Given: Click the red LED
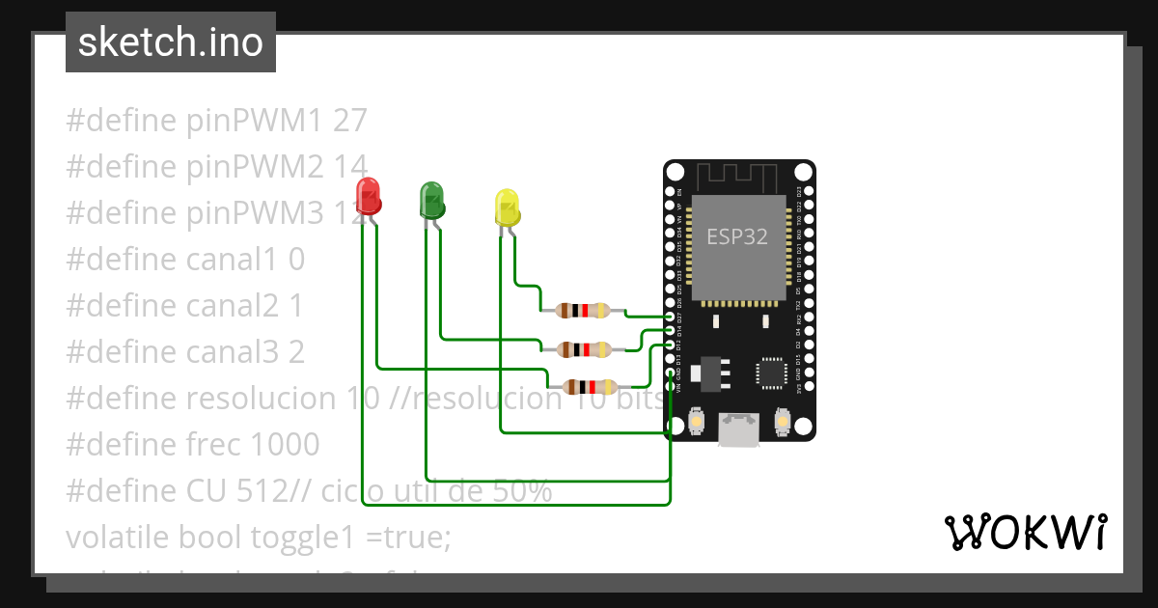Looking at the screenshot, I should (x=368, y=196).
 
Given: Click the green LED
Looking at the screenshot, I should (x=430, y=200).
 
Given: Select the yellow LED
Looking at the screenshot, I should (x=507, y=207).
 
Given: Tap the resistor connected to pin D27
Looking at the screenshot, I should (x=583, y=310).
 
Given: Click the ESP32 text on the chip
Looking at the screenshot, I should (x=737, y=236).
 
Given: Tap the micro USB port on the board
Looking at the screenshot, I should (x=738, y=429).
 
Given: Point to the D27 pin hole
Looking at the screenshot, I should (x=671, y=317).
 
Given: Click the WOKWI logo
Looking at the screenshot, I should (x=1025, y=532).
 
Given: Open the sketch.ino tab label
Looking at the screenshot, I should (x=171, y=42).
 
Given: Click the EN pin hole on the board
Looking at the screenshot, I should (x=671, y=192).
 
